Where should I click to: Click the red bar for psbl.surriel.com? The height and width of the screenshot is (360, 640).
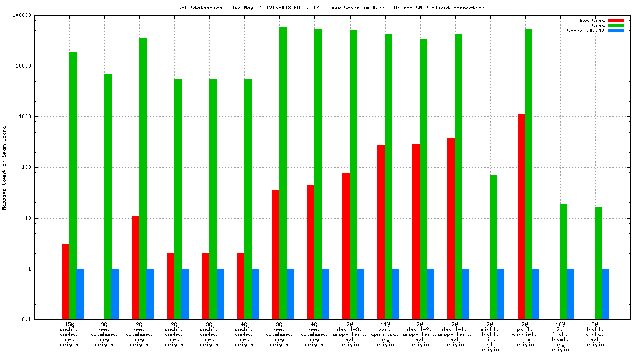pos(521,216)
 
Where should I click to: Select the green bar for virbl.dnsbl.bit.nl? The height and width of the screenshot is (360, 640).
pos(494,247)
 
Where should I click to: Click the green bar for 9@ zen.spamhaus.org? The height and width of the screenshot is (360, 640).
pos(108,197)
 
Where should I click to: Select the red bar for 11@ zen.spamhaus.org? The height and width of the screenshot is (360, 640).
pos(381,232)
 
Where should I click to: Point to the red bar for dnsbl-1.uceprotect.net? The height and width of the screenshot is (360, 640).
pos(451,229)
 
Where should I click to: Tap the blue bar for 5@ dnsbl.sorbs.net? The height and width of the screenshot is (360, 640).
pos(606,294)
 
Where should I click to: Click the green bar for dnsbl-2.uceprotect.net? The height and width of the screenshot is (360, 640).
pos(423,179)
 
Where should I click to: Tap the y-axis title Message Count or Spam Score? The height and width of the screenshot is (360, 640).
pos(4,167)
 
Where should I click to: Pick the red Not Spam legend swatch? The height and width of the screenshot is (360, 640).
pos(616,21)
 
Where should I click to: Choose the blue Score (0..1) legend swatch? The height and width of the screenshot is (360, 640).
pos(616,31)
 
